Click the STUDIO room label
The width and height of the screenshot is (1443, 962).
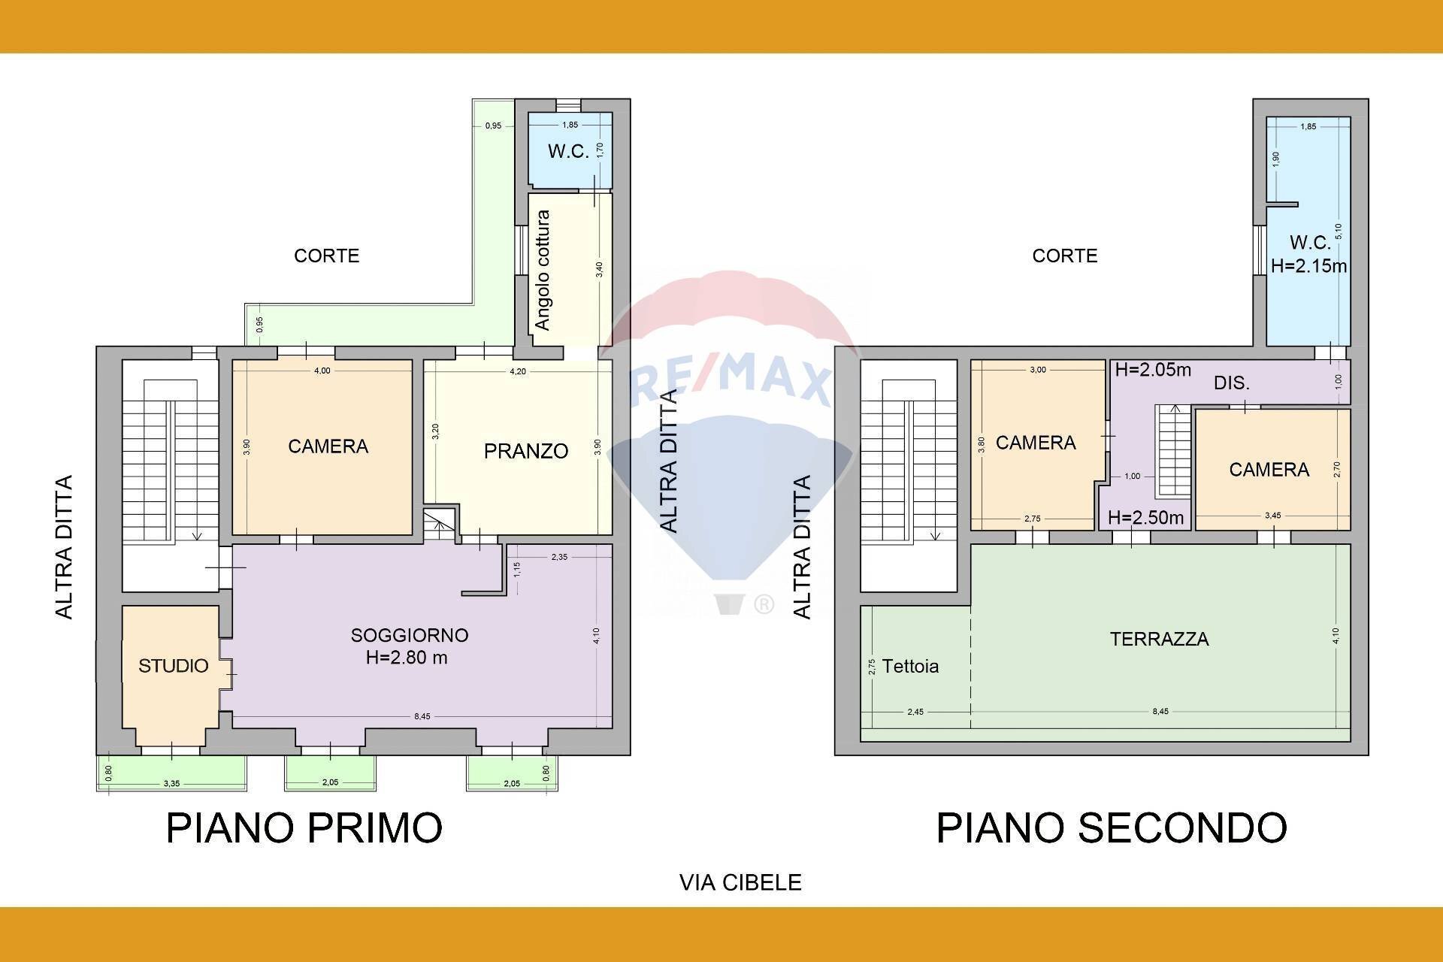pos(173,666)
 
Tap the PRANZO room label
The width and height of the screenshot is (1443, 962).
pos(525,451)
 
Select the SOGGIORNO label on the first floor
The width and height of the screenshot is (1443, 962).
pos(410,636)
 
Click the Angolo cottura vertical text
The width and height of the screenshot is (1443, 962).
pos(543,270)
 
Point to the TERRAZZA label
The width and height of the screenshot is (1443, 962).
pos(1159,639)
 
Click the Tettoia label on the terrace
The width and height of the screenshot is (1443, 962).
pos(910,666)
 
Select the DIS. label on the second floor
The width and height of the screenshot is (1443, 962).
pos(1231,383)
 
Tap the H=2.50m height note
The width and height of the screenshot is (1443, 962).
pos(1145,518)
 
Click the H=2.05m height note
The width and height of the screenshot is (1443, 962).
pos(1153,370)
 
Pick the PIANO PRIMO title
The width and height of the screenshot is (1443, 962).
pos(304,828)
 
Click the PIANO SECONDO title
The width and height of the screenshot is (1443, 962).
pos(1111,828)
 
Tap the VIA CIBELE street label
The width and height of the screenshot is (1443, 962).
pos(740,882)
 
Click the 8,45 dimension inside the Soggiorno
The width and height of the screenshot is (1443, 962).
pos(422,716)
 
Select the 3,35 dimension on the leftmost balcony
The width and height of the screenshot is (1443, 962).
pos(171,783)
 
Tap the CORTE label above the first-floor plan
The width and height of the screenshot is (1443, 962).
pos(326,256)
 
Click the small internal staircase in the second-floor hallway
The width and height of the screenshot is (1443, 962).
pos(1172,451)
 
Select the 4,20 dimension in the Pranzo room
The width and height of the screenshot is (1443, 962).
pos(517,371)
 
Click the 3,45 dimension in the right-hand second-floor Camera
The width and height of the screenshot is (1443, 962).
pos(1272,516)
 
